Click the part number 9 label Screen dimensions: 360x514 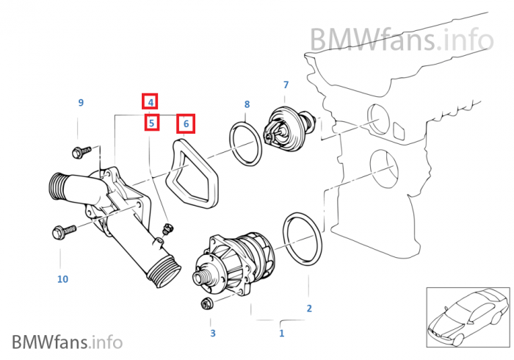81,102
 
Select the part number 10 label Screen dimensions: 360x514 62,278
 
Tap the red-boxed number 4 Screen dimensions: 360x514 150,102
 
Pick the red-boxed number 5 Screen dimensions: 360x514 151,123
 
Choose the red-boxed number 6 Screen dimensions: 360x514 186,123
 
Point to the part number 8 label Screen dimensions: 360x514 247,104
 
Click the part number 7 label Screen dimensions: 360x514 286,85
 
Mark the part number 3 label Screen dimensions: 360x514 213,334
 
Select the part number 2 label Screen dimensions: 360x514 309,308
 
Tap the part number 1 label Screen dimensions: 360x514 280,334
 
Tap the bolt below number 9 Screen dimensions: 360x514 79,152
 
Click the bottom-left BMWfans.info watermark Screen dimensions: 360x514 67,341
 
